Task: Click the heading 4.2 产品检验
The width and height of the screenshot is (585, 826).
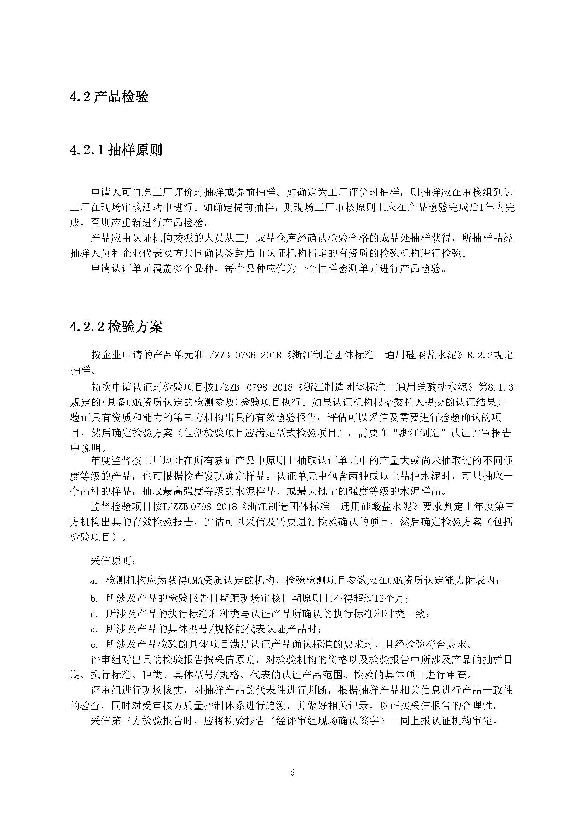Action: pyautogui.click(x=109, y=97)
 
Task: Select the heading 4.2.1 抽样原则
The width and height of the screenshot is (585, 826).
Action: pyautogui.click(x=116, y=150)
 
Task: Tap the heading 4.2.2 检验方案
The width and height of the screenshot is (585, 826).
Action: pyautogui.click(x=116, y=327)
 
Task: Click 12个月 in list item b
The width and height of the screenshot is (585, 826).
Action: pyautogui.click(x=391, y=599)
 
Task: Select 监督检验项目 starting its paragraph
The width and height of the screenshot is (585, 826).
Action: pyautogui.click(x=121, y=507)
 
